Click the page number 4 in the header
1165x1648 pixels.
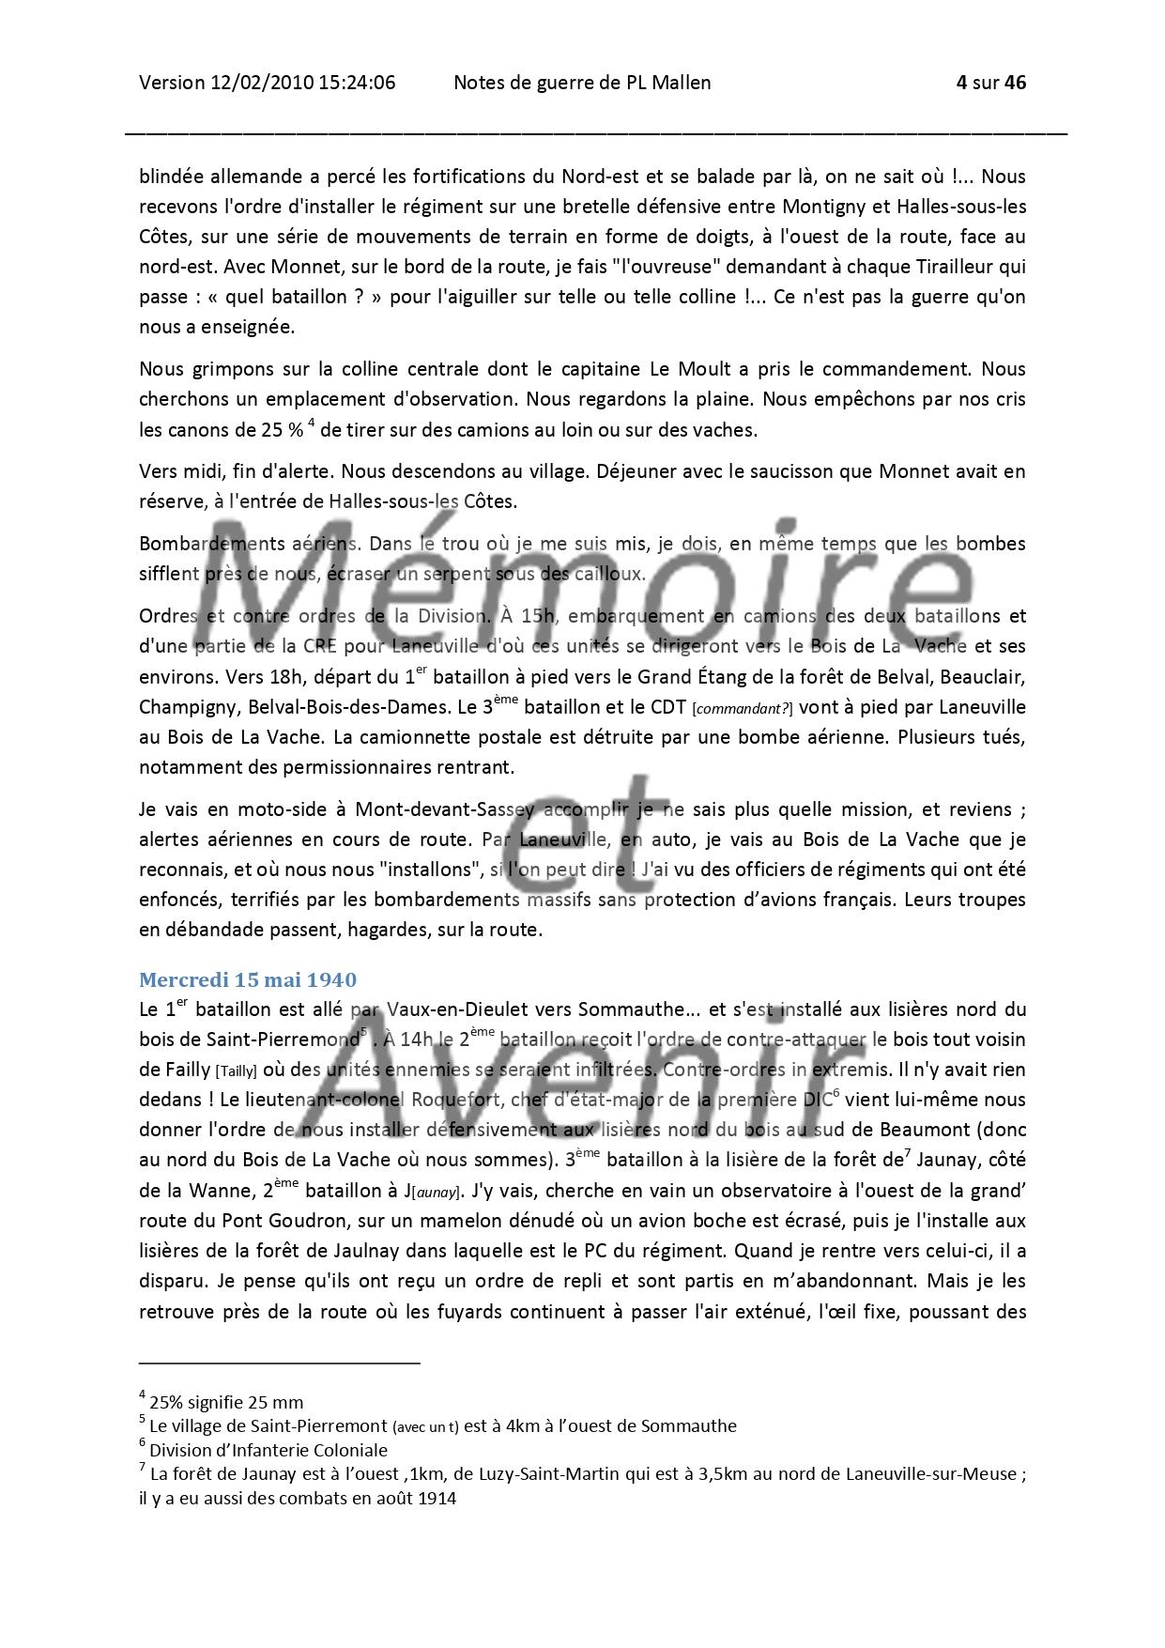pos(961,83)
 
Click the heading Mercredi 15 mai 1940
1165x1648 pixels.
pos(248,979)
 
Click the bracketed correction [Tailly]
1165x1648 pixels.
pos(236,1070)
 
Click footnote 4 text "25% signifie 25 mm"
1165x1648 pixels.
pos(225,1403)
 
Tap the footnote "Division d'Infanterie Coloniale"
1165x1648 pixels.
pos(268,1450)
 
